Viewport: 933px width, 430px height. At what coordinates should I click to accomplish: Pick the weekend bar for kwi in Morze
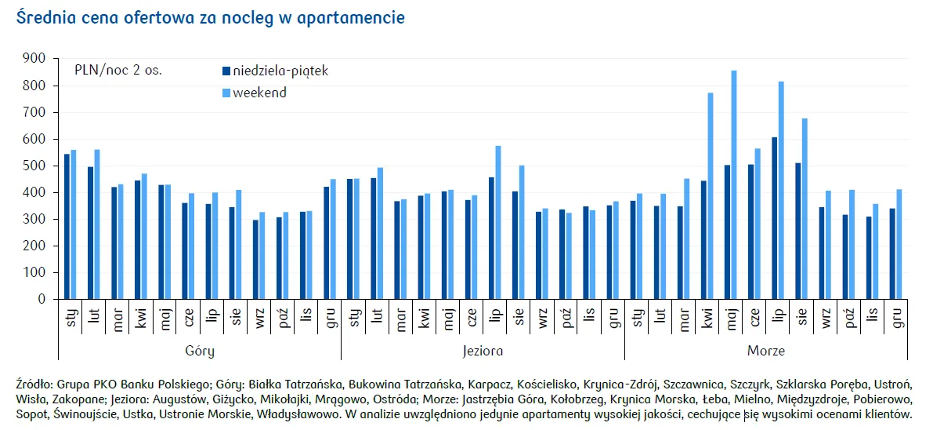[x=711, y=196]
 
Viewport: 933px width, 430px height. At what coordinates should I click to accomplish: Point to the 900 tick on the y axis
[x=34, y=58]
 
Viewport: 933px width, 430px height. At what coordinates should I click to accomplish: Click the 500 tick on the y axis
[x=34, y=166]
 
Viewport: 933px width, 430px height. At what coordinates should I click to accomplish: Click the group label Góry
[x=199, y=351]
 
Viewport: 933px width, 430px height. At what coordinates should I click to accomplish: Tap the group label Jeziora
[x=482, y=351]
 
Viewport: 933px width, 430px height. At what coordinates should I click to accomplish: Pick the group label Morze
[x=765, y=351]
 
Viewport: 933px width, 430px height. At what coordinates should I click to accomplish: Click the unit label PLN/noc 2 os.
[x=118, y=70]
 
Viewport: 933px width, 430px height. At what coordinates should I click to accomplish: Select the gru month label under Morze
[x=896, y=318]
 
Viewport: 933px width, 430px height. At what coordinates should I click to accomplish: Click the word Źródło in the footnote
[x=34, y=384]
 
